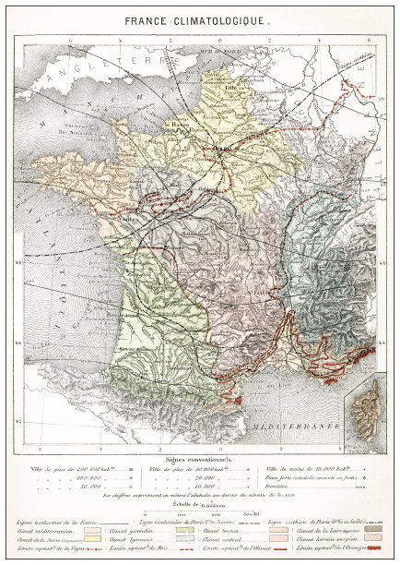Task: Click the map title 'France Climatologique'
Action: click(200, 18)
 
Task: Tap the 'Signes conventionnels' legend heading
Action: click(200, 458)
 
